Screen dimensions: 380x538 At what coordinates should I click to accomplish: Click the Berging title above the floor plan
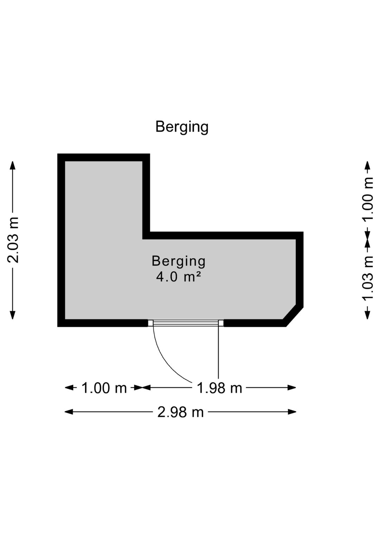(182, 127)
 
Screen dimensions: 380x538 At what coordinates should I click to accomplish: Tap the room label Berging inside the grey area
(178, 261)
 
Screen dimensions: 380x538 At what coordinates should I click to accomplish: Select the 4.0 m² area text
(178, 277)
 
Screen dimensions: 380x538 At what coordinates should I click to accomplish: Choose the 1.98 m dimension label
(219, 388)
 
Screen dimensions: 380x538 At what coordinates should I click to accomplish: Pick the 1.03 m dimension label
(368, 279)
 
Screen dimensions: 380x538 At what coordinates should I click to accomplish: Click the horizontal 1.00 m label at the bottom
(104, 388)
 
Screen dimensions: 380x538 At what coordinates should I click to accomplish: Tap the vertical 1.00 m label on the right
(368, 199)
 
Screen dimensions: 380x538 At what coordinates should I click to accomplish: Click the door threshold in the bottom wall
(186, 323)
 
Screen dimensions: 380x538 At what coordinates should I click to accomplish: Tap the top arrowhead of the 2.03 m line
(12, 166)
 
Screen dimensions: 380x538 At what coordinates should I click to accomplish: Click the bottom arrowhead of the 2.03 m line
(12, 315)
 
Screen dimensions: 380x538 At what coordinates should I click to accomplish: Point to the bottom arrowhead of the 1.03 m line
(368, 315)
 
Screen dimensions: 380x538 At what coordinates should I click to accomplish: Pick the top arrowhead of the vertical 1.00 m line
(368, 166)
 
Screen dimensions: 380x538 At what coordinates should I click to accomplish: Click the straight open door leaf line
(218, 352)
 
